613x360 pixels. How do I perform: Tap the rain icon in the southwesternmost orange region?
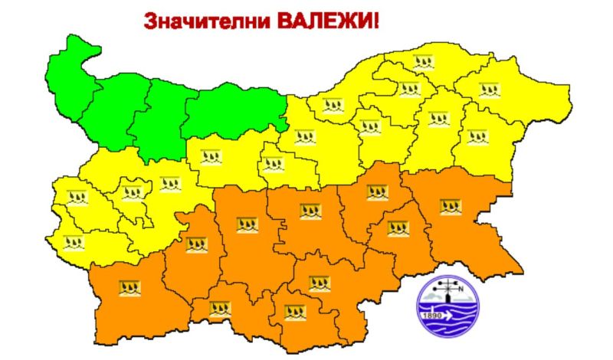click(129, 288)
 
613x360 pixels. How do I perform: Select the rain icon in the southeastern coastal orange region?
click(451, 206)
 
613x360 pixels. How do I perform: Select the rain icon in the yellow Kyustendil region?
click(75, 244)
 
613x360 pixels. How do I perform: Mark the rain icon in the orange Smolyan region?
click(221, 309)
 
